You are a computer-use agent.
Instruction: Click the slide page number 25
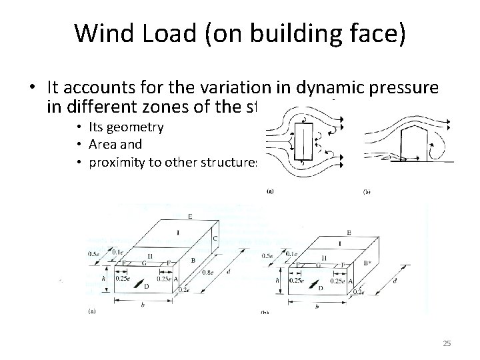click(447, 343)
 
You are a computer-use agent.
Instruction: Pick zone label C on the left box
click(214, 238)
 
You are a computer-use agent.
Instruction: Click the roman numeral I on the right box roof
click(341, 244)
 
